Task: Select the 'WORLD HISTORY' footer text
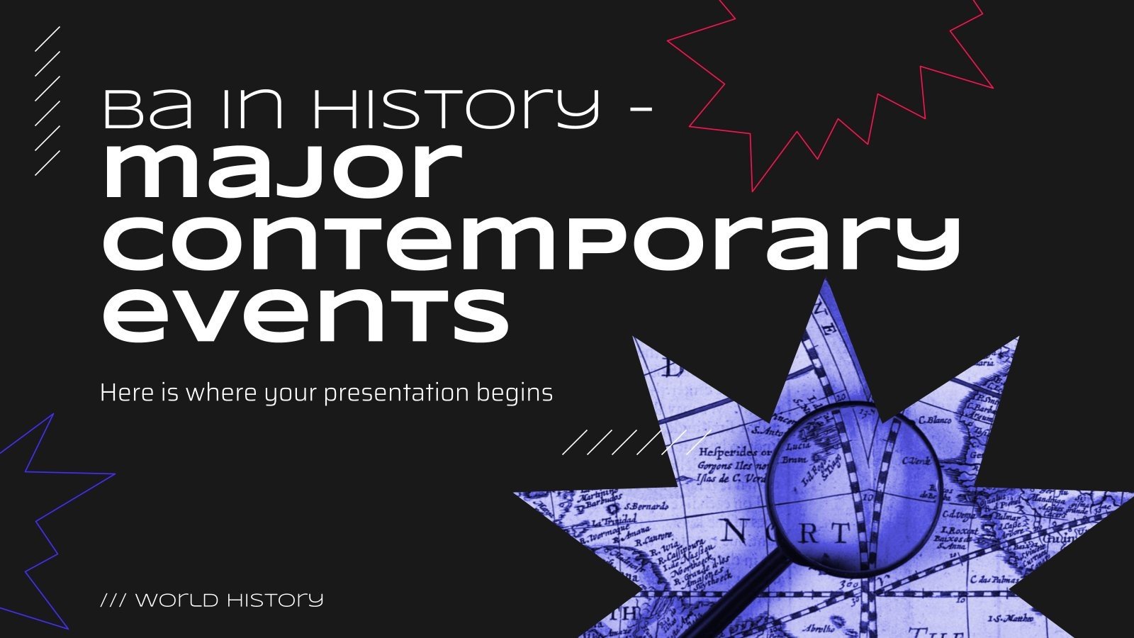pyautogui.click(x=229, y=600)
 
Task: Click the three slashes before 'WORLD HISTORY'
pyautogui.click(x=113, y=600)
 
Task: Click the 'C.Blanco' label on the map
pyautogui.click(x=934, y=420)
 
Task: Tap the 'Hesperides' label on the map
pyautogui.click(x=726, y=452)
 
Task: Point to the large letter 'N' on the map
pyautogui.click(x=734, y=530)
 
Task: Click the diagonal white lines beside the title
pyautogui.click(x=48, y=99)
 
